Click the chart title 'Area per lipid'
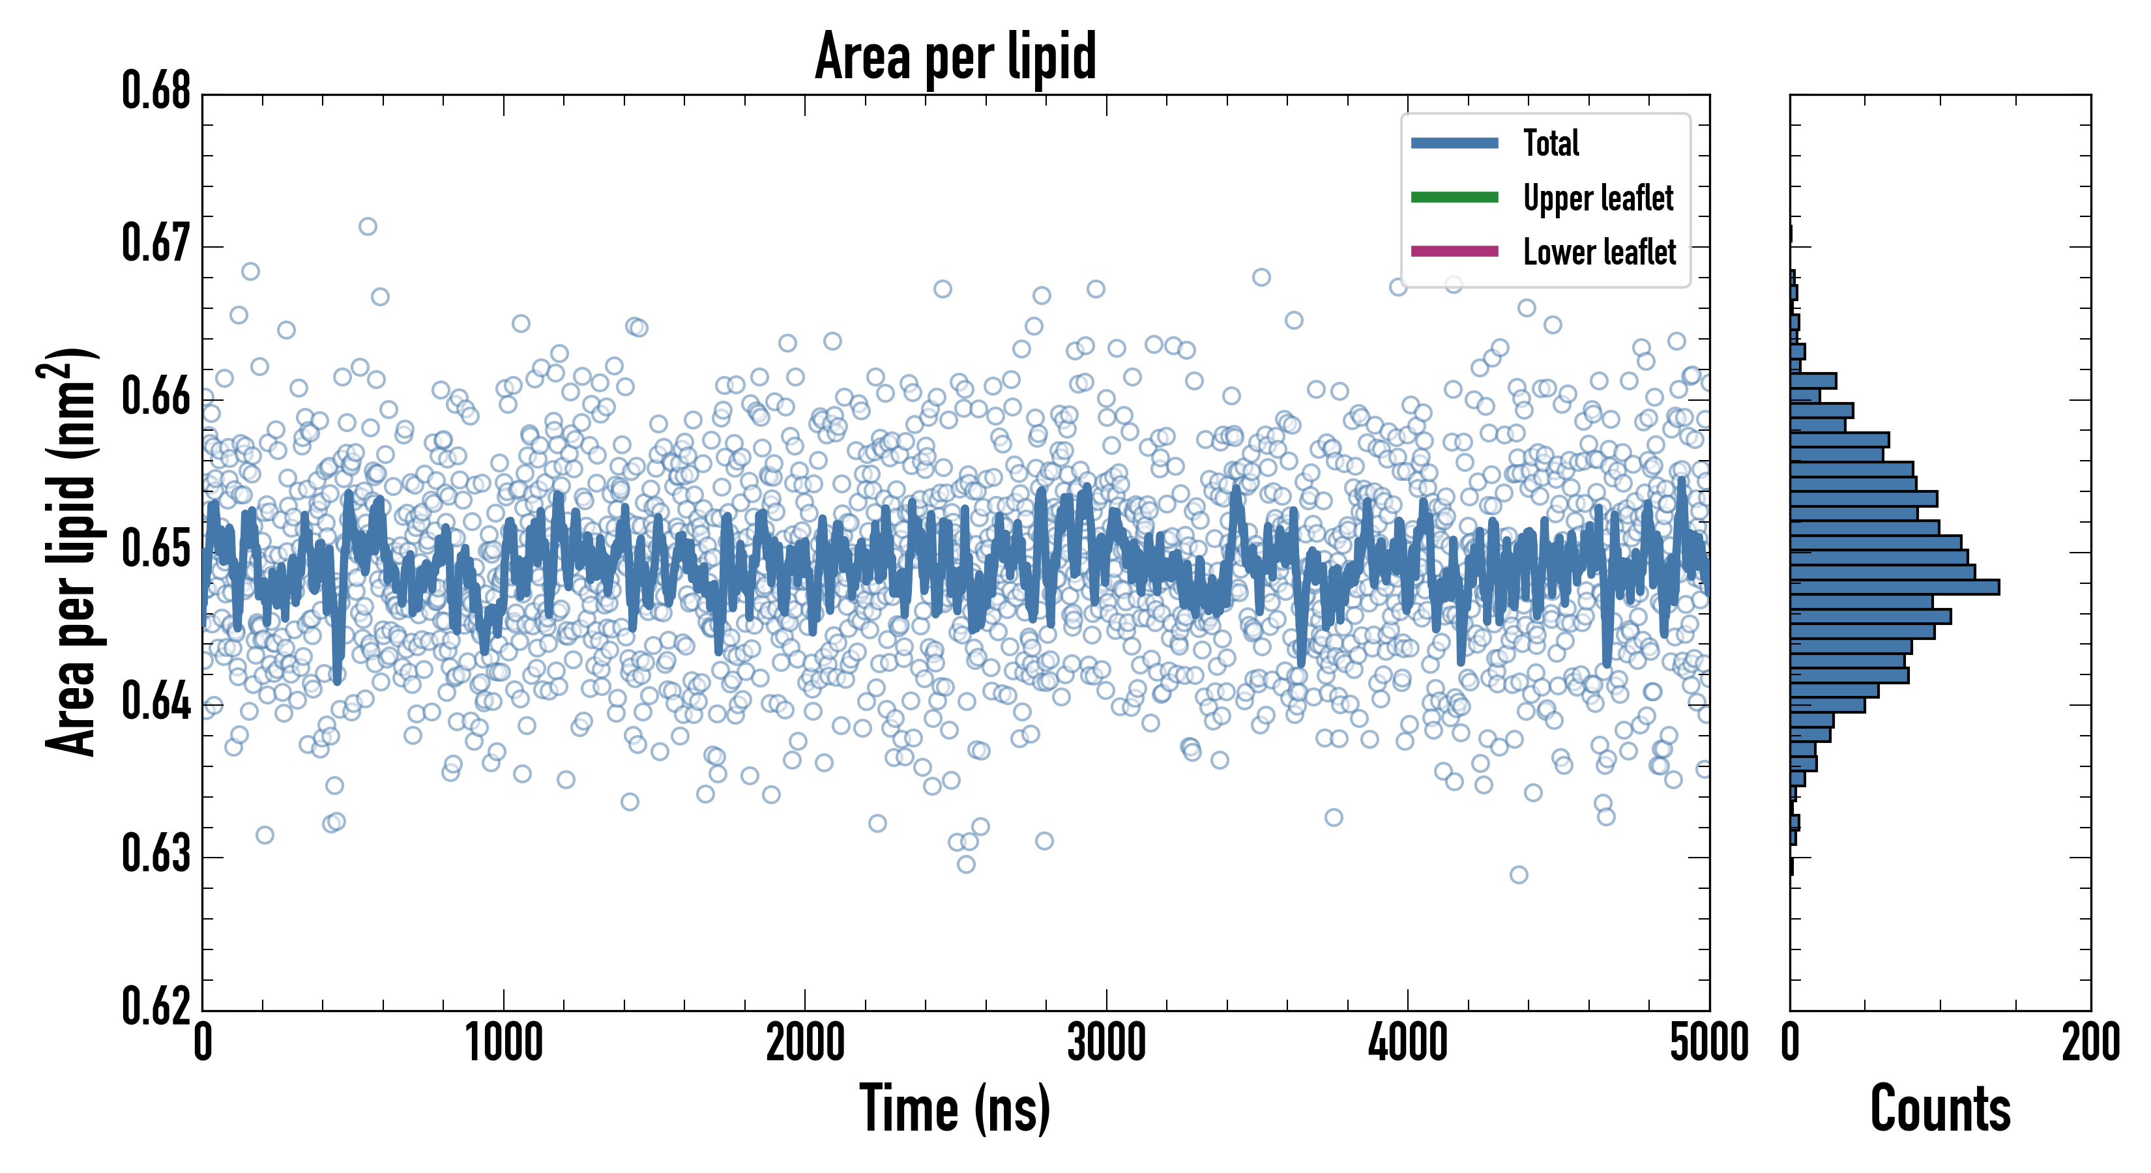[x=956, y=56]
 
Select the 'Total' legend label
[x=1551, y=143]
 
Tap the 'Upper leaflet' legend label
[x=1598, y=198]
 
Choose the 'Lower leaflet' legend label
[x=1599, y=252]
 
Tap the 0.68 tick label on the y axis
[x=156, y=91]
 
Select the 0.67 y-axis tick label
[x=156, y=244]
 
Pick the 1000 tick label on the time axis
[x=503, y=1043]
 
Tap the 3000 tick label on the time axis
[x=1106, y=1043]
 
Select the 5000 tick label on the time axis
[x=1708, y=1043]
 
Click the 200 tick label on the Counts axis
[x=2090, y=1043]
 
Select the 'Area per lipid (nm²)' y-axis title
[x=71, y=552]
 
